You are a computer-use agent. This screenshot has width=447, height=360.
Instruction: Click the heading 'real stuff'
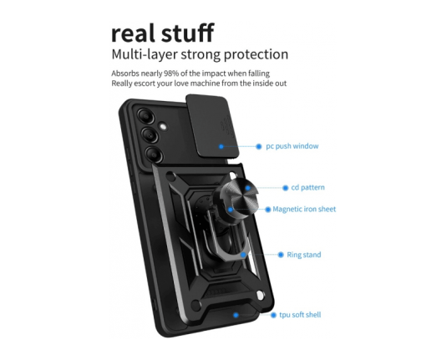click(x=162, y=33)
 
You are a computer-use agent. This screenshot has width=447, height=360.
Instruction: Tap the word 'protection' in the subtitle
click(x=256, y=55)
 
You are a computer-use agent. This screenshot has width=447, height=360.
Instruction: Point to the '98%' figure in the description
click(x=171, y=74)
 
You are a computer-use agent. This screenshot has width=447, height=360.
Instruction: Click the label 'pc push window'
click(x=292, y=146)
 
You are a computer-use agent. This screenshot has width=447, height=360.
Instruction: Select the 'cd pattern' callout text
click(x=307, y=188)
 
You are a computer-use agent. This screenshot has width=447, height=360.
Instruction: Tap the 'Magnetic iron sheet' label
click(x=304, y=209)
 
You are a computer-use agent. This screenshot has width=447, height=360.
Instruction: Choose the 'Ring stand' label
click(x=304, y=255)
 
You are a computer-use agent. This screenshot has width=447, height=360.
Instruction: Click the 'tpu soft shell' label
click(x=300, y=315)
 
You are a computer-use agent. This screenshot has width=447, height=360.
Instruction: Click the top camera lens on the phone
click(x=146, y=116)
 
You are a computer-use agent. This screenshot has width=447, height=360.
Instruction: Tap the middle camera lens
click(x=150, y=134)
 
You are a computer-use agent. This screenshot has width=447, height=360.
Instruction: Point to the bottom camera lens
click(x=155, y=155)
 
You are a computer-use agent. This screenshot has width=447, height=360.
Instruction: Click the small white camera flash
click(x=163, y=127)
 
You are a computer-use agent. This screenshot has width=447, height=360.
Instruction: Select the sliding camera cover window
click(x=212, y=125)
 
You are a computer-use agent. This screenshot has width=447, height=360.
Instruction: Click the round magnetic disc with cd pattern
click(x=239, y=196)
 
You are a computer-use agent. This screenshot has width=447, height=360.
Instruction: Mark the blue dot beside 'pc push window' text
click(x=258, y=146)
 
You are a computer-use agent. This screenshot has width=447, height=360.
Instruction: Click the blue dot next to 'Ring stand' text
click(x=281, y=255)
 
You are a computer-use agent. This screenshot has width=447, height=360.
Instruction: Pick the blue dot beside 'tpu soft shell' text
click(x=273, y=315)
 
